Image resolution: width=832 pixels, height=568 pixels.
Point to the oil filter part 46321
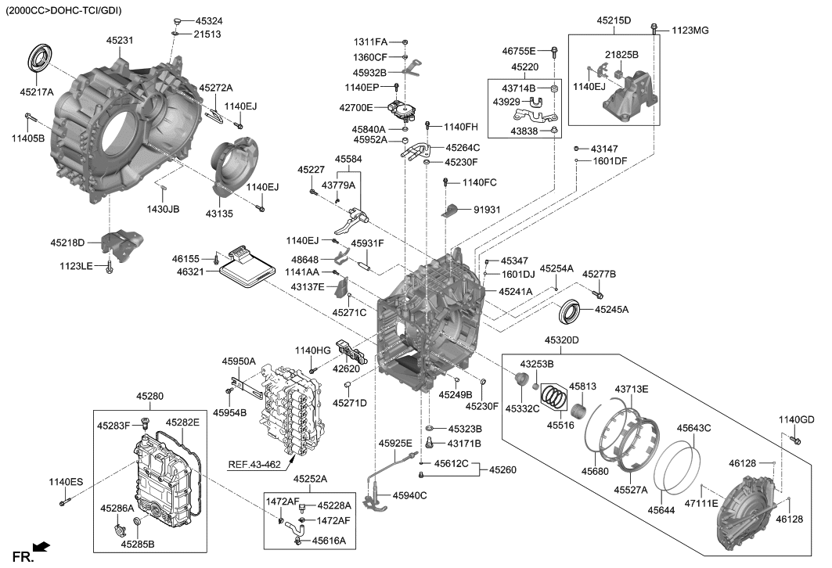tap(242, 271)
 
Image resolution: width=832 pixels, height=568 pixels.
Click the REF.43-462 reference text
tap(254, 465)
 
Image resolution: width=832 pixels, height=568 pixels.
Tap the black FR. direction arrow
tap(43, 548)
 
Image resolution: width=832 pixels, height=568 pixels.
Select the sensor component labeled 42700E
tap(405, 108)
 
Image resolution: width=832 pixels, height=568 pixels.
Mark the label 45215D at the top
tap(614, 20)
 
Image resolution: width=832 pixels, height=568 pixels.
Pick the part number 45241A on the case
tap(515, 291)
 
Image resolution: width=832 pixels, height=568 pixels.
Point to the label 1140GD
tap(796, 420)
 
